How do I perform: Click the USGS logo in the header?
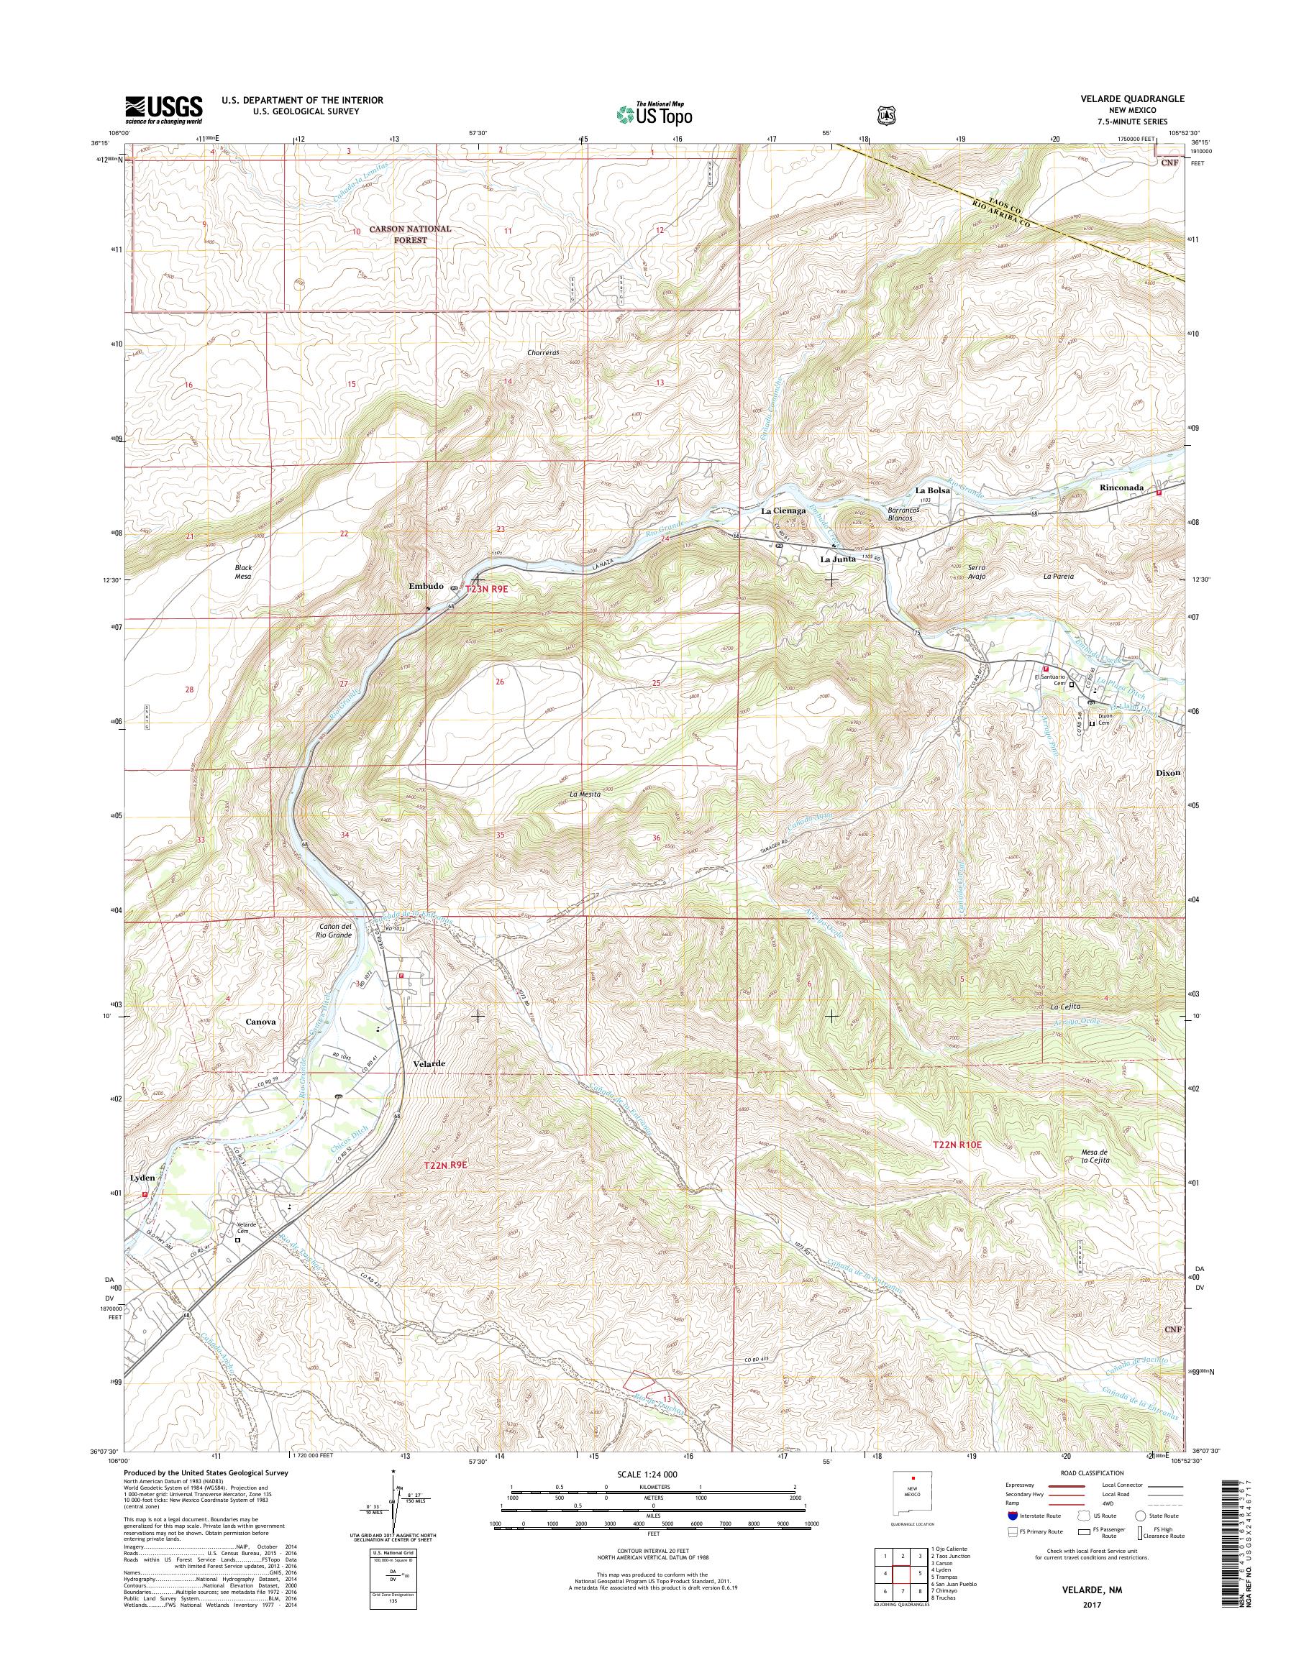[163, 109]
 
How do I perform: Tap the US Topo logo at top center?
[654, 114]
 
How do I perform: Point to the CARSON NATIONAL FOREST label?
[411, 234]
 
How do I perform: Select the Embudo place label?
[425, 586]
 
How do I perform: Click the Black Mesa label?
[243, 572]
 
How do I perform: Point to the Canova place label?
[260, 1022]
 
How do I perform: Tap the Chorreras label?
[545, 353]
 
